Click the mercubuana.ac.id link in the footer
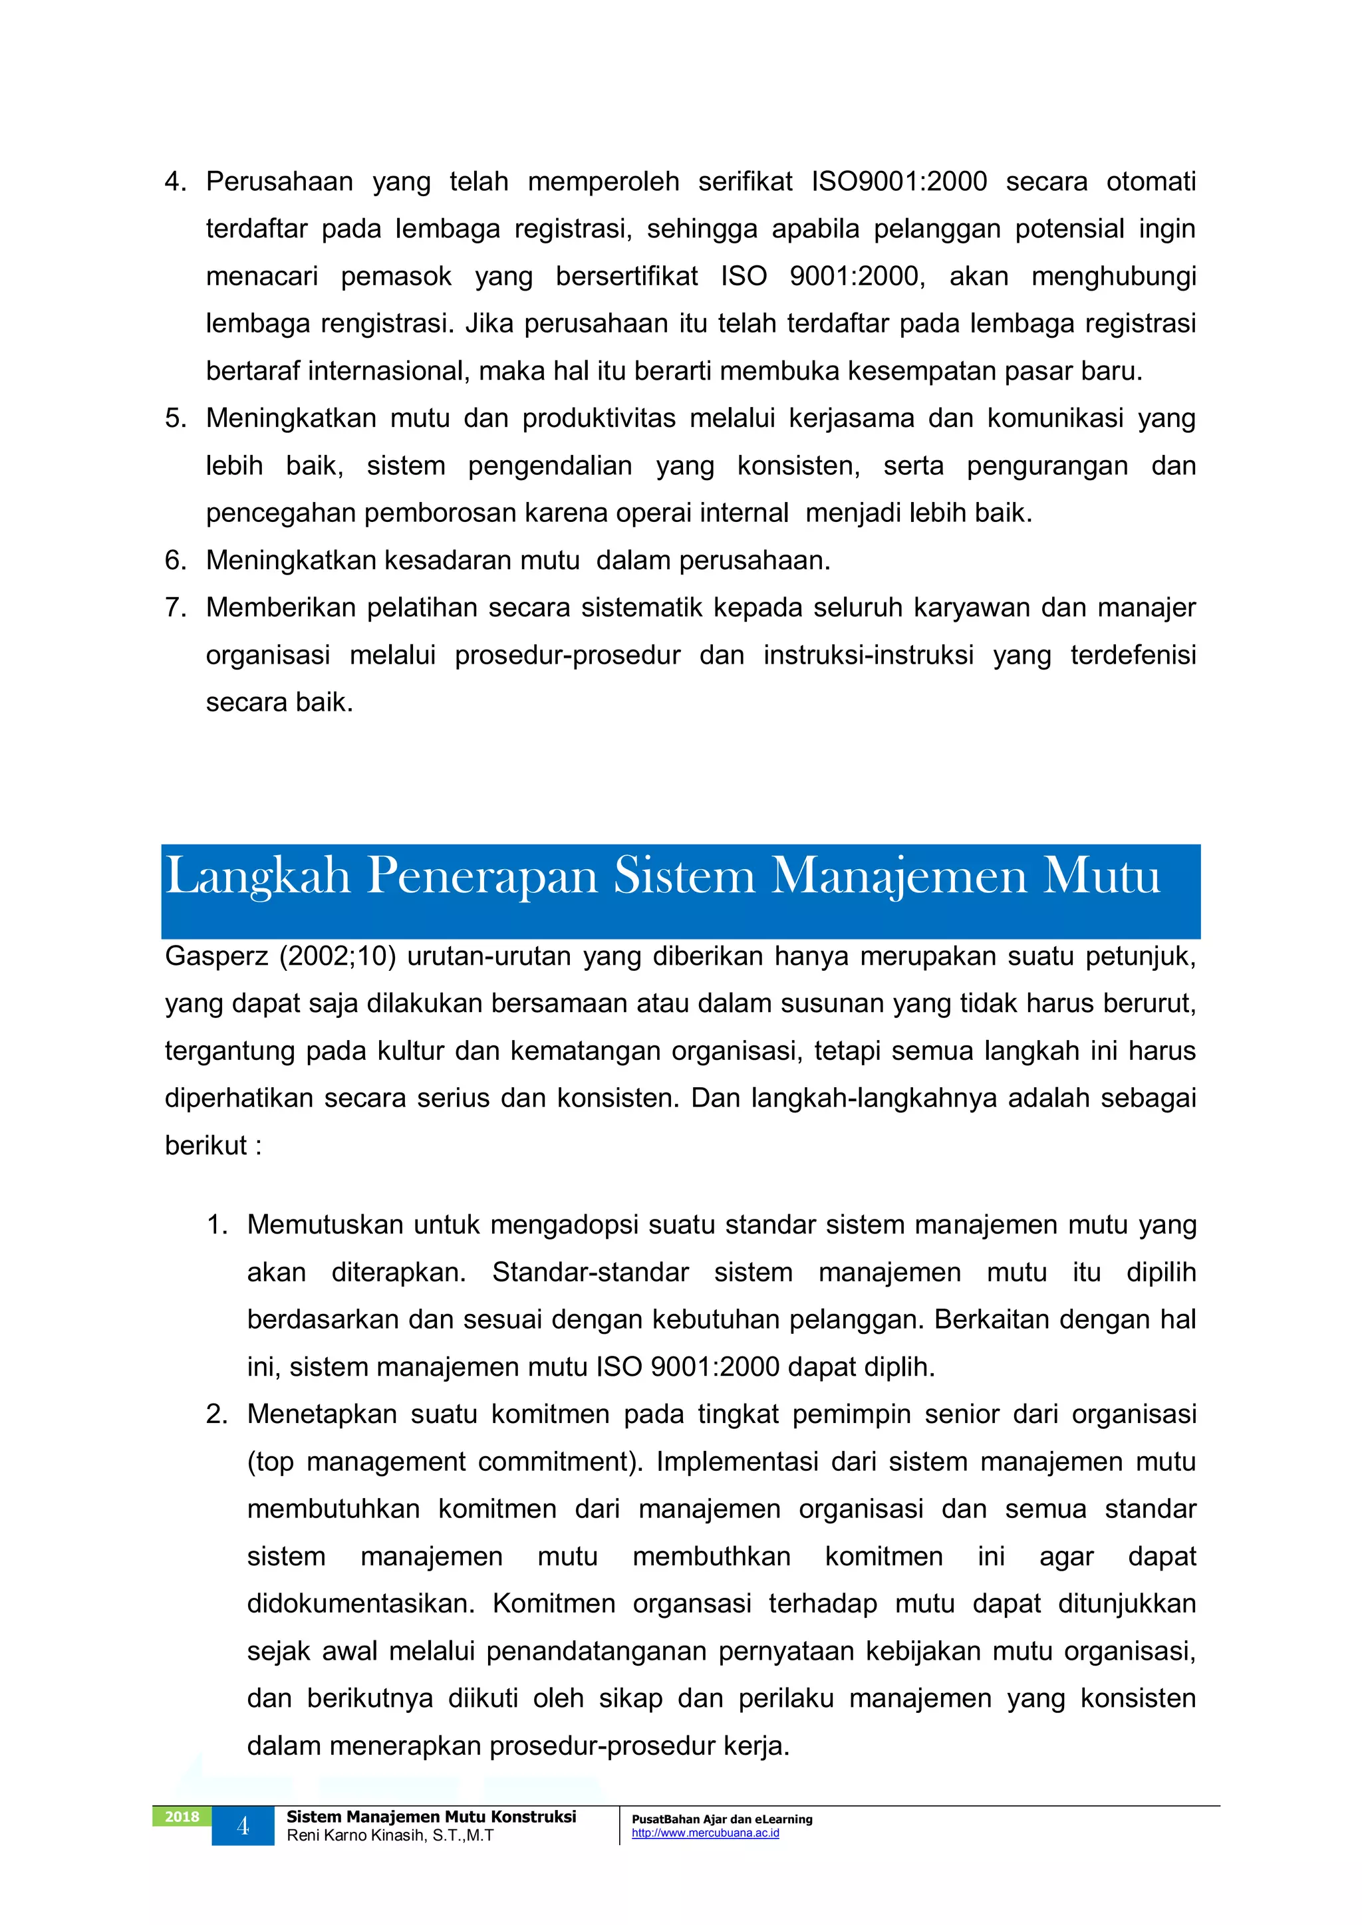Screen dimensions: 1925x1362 pos(706,1833)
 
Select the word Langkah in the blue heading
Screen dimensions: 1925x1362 pos(257,877)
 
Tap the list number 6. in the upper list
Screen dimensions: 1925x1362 pos(176,560)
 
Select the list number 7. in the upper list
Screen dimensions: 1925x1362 pos(176,607)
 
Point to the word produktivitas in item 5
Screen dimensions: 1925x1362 pos(599,418)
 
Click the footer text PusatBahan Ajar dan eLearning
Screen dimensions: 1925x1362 pos(722,1819)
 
